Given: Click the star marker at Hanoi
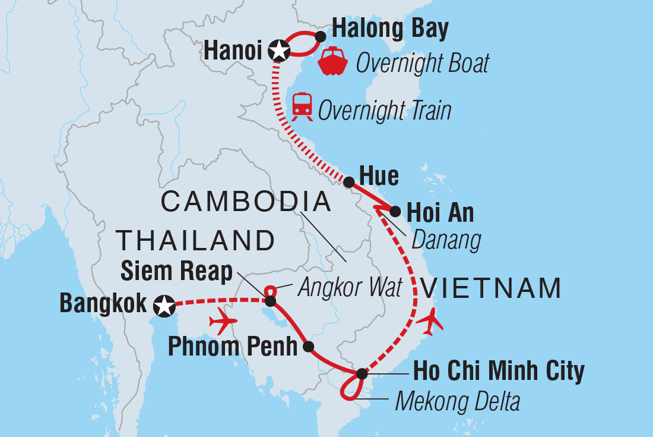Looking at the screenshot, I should (278, 51).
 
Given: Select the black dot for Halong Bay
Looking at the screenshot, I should (320, 37).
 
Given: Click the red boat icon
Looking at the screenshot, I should (334, 61).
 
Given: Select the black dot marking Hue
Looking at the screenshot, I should (350, 182).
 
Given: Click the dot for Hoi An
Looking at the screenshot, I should (395, 210).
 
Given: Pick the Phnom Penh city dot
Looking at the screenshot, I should (308, 347).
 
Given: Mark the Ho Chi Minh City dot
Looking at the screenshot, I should (362, 374).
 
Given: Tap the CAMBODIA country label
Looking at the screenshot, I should (246, 202).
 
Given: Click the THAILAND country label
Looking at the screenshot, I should (196, 241).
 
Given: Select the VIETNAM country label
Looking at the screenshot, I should (490, 288).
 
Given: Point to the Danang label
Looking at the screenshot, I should (445, 240).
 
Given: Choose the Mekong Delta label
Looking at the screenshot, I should (457, 401).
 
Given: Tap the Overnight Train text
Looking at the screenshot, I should (385, 111).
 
